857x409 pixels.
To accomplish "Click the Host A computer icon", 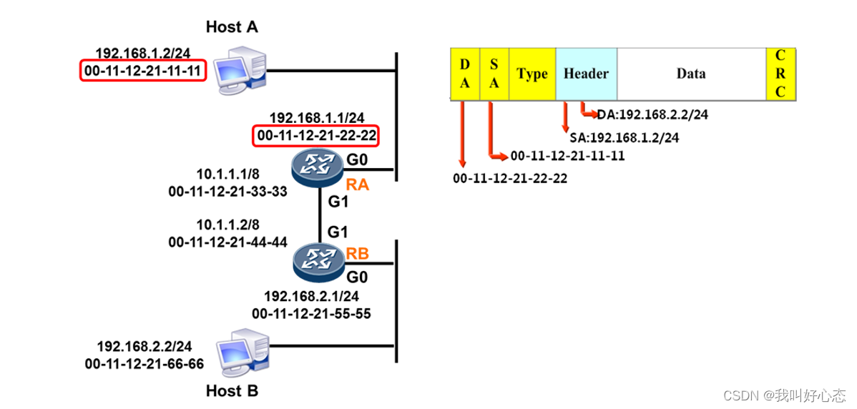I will click(242, 67).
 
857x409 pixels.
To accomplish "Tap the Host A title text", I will click(232, 27).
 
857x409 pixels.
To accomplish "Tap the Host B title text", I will click(232, 391).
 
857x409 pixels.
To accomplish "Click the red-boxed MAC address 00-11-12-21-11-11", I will click(142, 71).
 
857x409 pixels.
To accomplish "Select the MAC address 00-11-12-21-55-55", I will click(311, 313).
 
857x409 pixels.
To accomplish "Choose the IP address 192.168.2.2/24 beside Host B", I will click(145, 347).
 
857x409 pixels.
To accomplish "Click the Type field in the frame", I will click(532, 74).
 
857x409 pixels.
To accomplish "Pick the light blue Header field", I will click(586, 74).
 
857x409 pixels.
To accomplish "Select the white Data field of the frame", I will click(690, 74).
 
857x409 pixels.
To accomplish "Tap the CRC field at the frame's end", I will click(780, 74).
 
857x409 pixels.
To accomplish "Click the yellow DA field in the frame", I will click(465, 74).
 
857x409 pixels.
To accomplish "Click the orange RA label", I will click(357, 186).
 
